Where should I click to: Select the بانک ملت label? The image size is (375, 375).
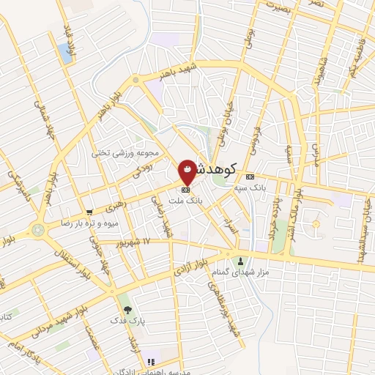188,199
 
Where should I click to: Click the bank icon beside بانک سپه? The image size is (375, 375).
250,177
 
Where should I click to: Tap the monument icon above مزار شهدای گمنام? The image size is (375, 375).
240,261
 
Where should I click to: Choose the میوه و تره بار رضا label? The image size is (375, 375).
90,223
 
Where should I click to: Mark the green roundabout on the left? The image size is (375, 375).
38,229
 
